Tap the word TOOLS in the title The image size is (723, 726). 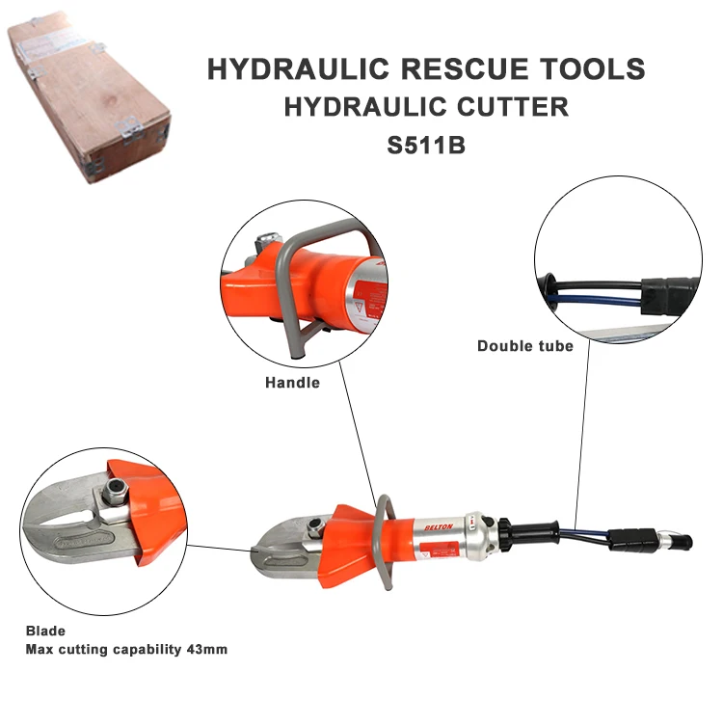[x=589, y=70]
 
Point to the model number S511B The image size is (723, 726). [x=425, y=147]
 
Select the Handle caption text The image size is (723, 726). [x=292, y=383]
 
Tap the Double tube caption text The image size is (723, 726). [x=525, y=345]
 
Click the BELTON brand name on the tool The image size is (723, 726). [x=439, y=528]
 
